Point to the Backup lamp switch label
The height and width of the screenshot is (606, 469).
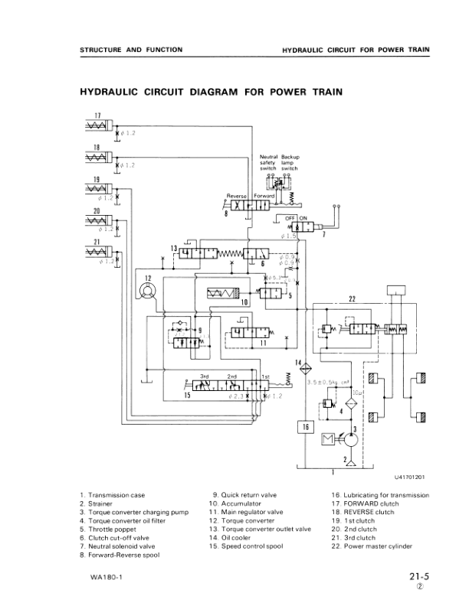[290, 162]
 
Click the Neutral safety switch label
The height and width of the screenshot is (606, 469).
[270, 162]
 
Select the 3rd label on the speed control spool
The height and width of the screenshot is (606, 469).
[205, 377]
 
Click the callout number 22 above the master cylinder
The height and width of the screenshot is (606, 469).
[352, 298]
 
